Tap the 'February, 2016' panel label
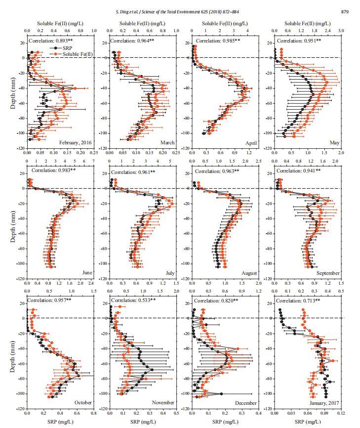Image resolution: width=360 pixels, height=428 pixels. coord(76,143)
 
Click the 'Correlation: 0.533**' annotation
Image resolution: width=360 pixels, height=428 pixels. coord(132,300)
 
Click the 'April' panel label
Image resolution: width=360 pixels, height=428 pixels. coord(251,143)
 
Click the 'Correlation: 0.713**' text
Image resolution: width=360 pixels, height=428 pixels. coord(297,300)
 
